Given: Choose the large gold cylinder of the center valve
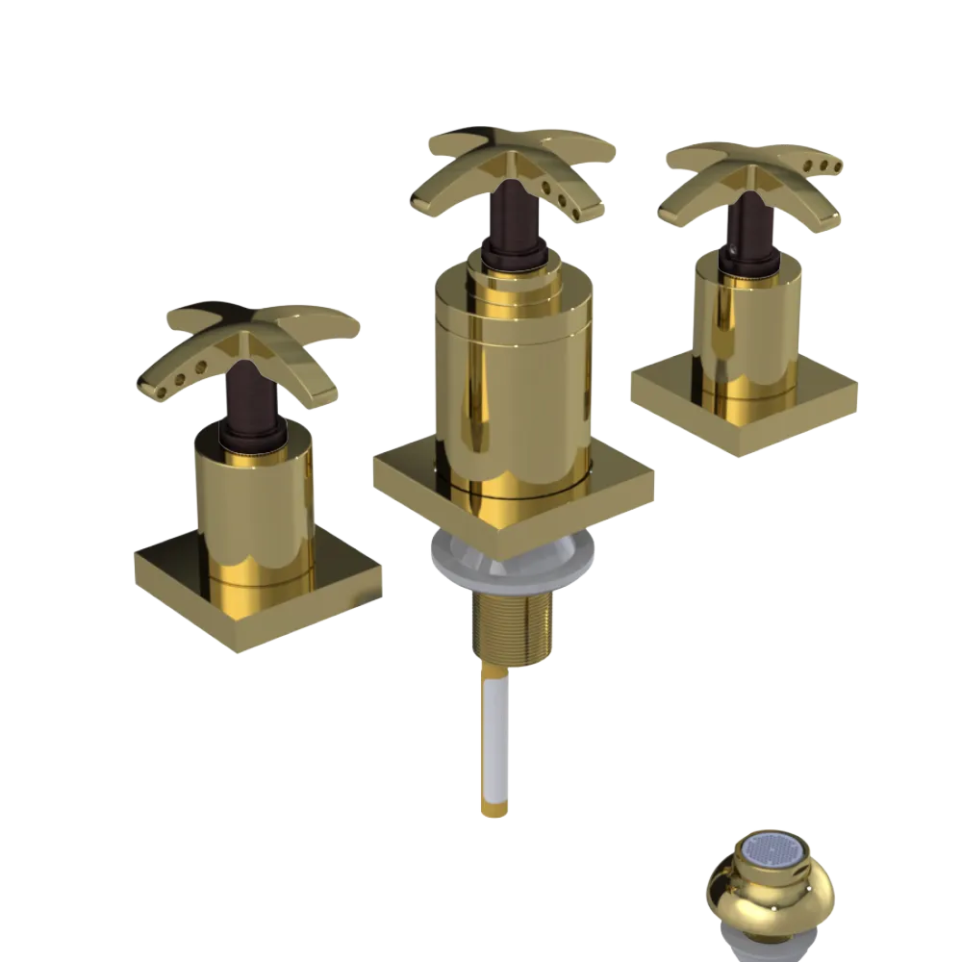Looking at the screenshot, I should pos(510,385).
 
